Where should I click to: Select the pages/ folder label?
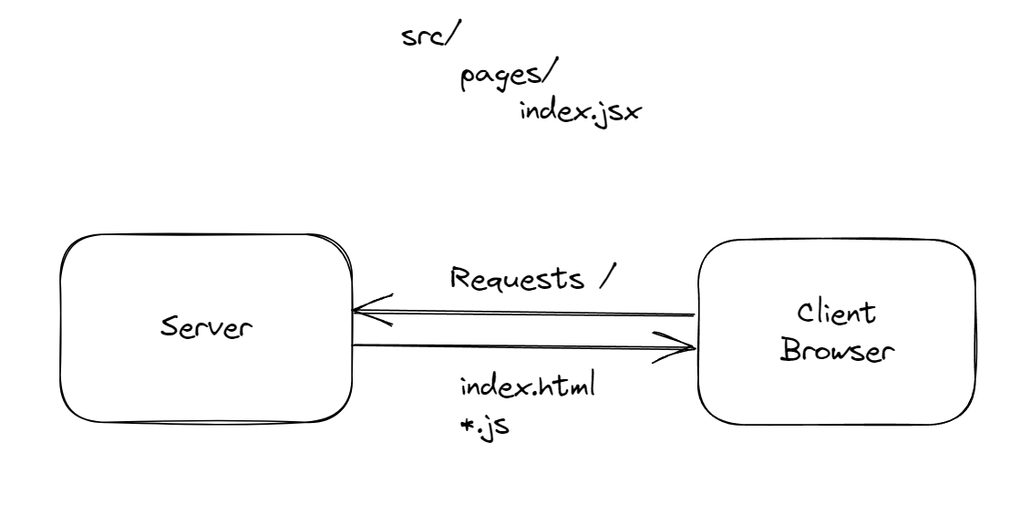[x=497, y=79]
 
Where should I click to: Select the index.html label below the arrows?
[x=528, y=388]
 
